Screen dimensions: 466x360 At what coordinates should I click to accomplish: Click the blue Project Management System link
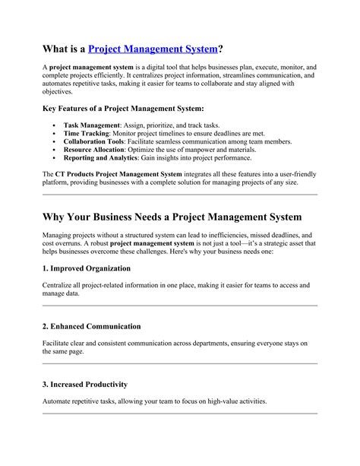click(153, 49)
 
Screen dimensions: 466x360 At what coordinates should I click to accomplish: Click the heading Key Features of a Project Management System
click(122, 109)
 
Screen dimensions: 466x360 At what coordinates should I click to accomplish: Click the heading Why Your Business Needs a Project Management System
click(172, 217)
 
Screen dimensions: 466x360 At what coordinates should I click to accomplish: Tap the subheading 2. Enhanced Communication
click(91, 326)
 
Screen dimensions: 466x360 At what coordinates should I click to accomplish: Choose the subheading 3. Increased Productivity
click(84, 385)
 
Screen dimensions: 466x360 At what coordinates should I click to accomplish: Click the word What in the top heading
click(56, 49)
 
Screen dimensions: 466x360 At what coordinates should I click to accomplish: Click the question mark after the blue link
click(220, 49)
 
